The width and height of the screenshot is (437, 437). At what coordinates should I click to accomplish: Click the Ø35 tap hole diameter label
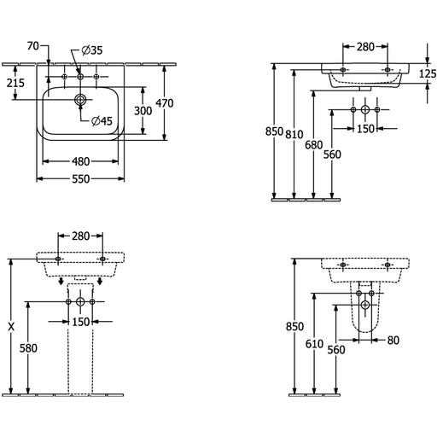tap(92, 50)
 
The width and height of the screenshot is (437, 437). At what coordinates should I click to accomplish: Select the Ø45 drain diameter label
tap(102, 121)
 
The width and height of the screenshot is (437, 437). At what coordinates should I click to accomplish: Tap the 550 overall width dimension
tap(81, 179)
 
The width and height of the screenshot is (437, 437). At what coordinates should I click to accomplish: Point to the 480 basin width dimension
tap(81, 161)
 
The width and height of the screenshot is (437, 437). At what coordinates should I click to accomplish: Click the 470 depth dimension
tap(165, 103)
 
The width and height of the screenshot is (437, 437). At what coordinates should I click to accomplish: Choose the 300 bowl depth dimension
tap(143, 111)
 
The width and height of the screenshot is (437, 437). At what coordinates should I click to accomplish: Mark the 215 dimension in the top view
tap(15, 83)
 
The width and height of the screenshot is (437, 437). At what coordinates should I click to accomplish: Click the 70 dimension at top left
tap(33, 45)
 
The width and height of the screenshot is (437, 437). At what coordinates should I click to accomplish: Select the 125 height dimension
tap(428, 73)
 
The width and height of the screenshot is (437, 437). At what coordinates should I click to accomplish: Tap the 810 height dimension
tap(294, 134)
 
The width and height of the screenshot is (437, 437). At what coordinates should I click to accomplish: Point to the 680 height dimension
tap(314, 145)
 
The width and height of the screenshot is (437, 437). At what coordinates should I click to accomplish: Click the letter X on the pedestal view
tap(11, 327)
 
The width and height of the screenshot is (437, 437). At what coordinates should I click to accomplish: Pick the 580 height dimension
tap(28, 348)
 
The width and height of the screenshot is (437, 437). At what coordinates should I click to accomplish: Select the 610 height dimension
tap(314, 344)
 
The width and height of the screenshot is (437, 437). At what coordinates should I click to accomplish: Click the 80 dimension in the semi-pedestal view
tap(393, 340)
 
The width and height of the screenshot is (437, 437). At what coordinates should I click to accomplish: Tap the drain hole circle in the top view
tap(80, 100)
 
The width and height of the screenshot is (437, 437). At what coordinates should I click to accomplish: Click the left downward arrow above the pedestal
tap(61, 281)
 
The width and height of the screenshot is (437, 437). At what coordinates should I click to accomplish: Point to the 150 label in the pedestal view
tap(81, 322)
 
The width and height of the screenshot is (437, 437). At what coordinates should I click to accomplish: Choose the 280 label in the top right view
tap(365, 47)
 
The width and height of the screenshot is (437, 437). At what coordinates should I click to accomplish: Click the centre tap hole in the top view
tap(80, 77)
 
